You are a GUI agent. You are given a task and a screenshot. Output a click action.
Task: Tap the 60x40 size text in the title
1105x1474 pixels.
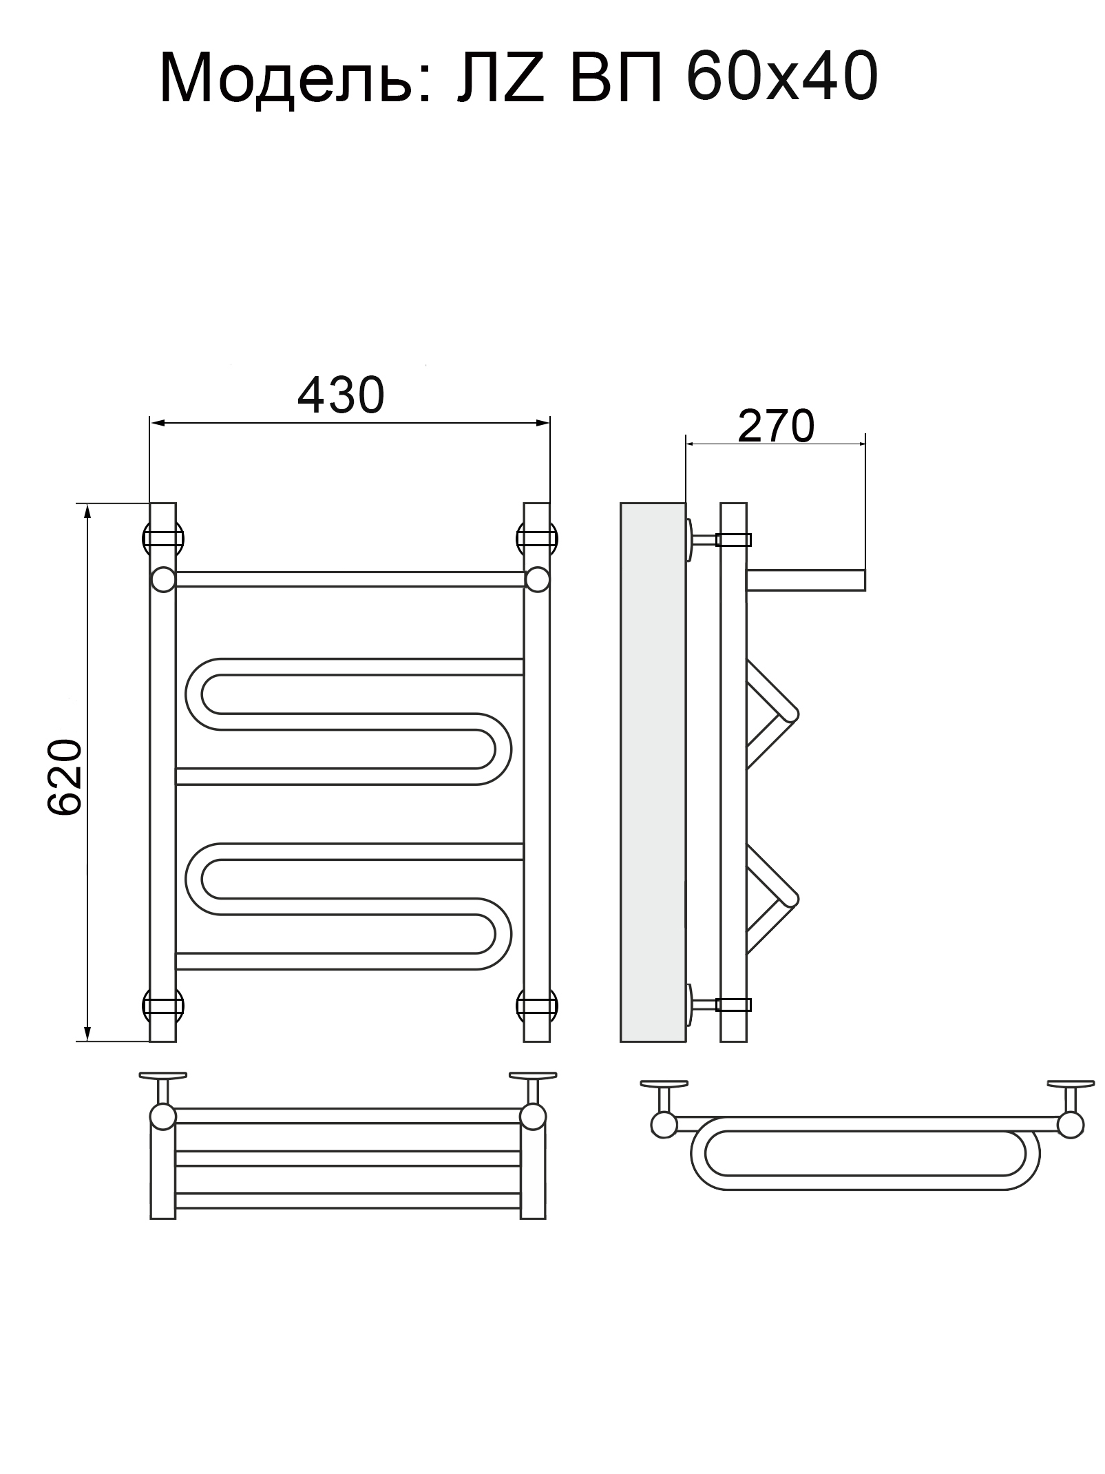[781, 78]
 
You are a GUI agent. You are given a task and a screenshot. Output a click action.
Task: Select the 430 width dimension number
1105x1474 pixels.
[340, 396]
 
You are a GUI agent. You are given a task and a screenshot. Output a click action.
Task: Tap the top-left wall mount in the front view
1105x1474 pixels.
[162, 538]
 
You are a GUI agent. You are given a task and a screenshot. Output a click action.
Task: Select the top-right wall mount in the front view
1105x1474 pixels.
[537, 538]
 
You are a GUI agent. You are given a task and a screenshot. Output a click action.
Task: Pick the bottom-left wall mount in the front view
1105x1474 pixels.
[162, 1006]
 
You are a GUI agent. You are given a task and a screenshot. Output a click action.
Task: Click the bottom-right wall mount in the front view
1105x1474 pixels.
[537, 1006]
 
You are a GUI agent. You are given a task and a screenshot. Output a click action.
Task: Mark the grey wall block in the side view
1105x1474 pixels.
[653, 772]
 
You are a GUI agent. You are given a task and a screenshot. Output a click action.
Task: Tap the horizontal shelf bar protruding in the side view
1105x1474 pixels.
[806, 580]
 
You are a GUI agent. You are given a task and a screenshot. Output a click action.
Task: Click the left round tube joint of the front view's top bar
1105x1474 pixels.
[163, 579]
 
